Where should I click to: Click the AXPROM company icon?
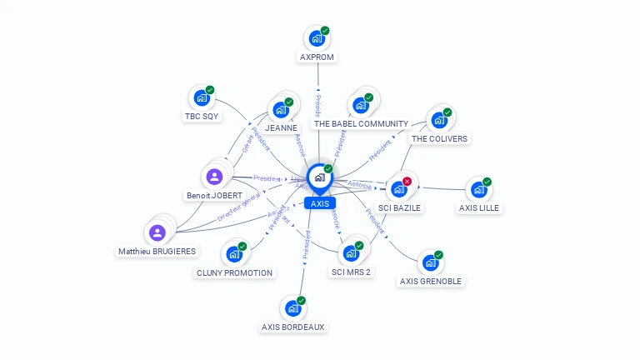pos(317,38)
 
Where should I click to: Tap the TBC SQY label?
pos(202,117)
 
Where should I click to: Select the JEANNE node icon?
pos(281,109)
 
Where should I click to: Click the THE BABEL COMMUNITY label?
pos(361,123)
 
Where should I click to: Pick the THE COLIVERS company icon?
pos(439,120)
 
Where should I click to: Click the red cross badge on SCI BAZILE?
pos(407,181)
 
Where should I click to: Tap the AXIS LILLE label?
pos(480,207)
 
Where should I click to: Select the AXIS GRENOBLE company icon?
pos(430,263)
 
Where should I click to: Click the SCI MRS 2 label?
pos(351,272)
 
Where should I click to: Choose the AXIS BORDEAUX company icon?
pos(292,309)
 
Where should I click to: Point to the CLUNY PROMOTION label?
pos(234,272)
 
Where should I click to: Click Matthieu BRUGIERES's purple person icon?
pos(157,232)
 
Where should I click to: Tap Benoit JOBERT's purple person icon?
pos(214,177)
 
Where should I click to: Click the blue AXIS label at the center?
pos(319,203)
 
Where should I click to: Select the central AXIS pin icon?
pos(319,177)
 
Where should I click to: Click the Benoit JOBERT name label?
pos(214,196)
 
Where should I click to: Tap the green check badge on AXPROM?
pos(325,31)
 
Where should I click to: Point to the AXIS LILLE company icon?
pos(478,190)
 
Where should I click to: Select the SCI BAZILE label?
pos(400,207)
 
